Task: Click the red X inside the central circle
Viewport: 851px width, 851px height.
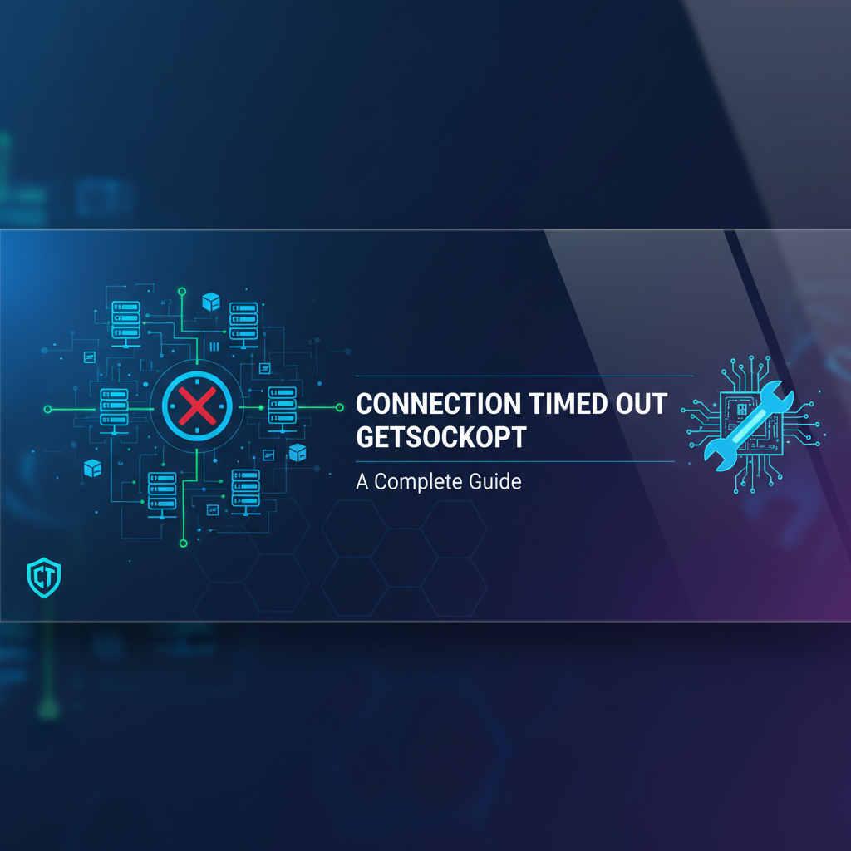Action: point(196,406)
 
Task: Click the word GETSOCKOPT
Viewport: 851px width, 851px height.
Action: point(440,438)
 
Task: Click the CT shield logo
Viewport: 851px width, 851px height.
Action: point(43,578)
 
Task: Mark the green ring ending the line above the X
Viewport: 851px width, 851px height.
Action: point(182,293)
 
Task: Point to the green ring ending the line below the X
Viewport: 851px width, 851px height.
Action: point(182,544)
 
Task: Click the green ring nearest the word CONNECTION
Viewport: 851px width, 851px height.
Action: point(339,407)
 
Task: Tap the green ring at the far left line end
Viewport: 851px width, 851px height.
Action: point(47,409)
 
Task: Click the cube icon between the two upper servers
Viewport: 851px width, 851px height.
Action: point(211,302)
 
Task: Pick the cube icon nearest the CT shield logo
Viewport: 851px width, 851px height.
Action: point(92,468)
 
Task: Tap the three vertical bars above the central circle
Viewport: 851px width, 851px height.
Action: point(214,347)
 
